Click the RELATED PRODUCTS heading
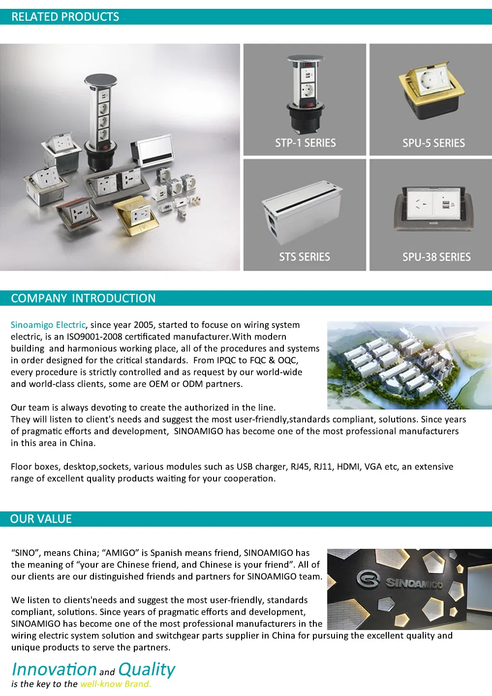[x=65, y=17]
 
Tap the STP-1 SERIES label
[x=305, y=143]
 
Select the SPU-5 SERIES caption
[x=433, y=143]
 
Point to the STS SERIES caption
[x=305, y=257]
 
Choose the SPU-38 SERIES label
[x=436, y=257]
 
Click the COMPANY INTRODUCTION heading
[x=83, y=298]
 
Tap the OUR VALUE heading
[x=41, y=519]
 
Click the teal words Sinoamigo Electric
[x=48, y=325]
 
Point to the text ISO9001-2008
[x=94, y=337]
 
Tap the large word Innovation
[x=54, y=669]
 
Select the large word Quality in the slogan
[x=147, y=669]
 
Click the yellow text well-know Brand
[x=116, y=684]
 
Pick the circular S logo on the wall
[x=368, y=579]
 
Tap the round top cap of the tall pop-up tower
[x=100, y=81]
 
